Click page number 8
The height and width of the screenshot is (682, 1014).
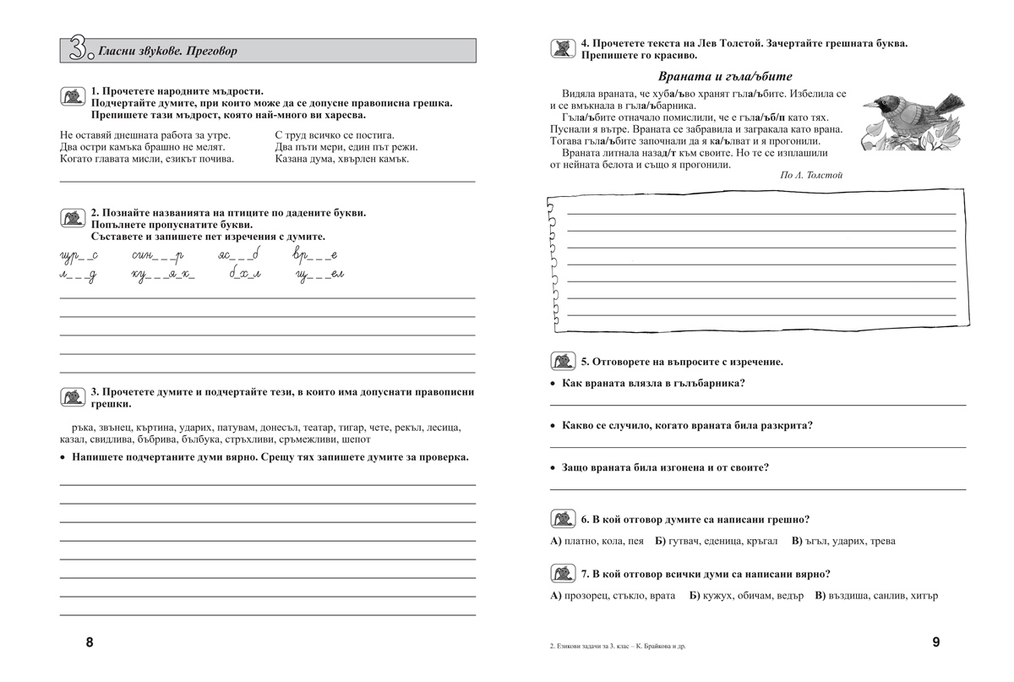(x=90, y=642)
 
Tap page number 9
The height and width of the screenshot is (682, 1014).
(x=935, y=642)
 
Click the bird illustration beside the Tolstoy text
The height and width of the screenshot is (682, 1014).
(x=909, y=123)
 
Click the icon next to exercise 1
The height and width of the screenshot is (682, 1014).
(x=74, y=97)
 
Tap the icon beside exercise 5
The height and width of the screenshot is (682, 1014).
(x=563, y=362)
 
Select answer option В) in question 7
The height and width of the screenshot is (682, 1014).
(x=820, y=595)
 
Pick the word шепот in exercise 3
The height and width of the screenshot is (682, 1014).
(x=356, y=439)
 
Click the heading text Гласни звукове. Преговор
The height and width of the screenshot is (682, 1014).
(x=167, y=51)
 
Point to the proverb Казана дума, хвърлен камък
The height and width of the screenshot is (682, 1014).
(x=342, y=158)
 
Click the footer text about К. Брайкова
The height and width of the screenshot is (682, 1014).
(x=618, y=647)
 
